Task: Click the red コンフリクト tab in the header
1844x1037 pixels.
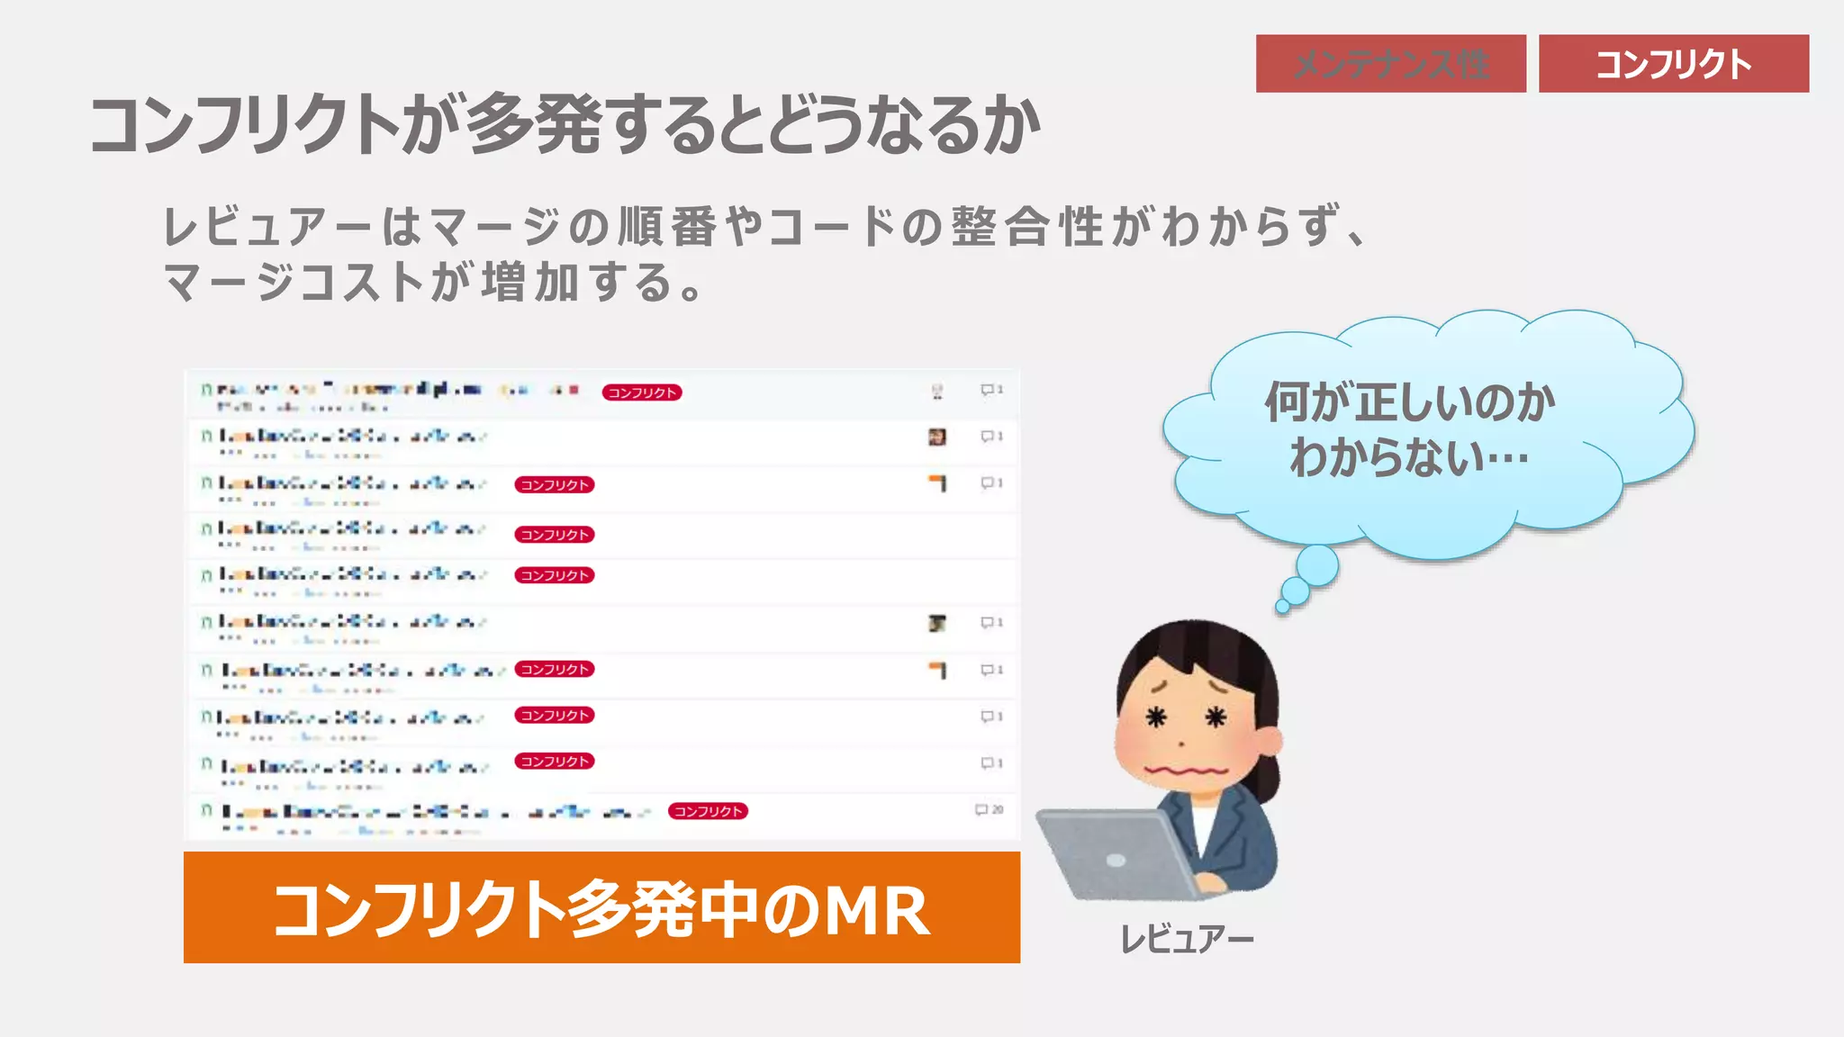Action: click(1673, 64)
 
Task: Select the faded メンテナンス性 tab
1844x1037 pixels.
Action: click(1390, 64)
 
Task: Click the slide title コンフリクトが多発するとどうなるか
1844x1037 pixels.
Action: click(565, 124)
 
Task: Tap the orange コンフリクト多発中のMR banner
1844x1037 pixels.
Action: click(601, 907)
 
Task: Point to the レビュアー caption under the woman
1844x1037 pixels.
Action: click(1186, 939)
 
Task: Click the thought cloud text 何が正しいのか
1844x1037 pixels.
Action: click(1410, 401)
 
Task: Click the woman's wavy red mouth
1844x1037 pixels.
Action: click(1185, 771)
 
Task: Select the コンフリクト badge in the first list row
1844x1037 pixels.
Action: click(642, 392)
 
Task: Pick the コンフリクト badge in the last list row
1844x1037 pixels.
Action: click(708, 811)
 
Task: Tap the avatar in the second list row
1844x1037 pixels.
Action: click(936, 437)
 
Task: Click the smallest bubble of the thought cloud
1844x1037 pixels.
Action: click(1283, 607)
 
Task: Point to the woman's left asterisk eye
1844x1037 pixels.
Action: click(1155, 717)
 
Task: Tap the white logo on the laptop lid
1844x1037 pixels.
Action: click(1116, 860)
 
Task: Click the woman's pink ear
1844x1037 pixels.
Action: click(1270, 740)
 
